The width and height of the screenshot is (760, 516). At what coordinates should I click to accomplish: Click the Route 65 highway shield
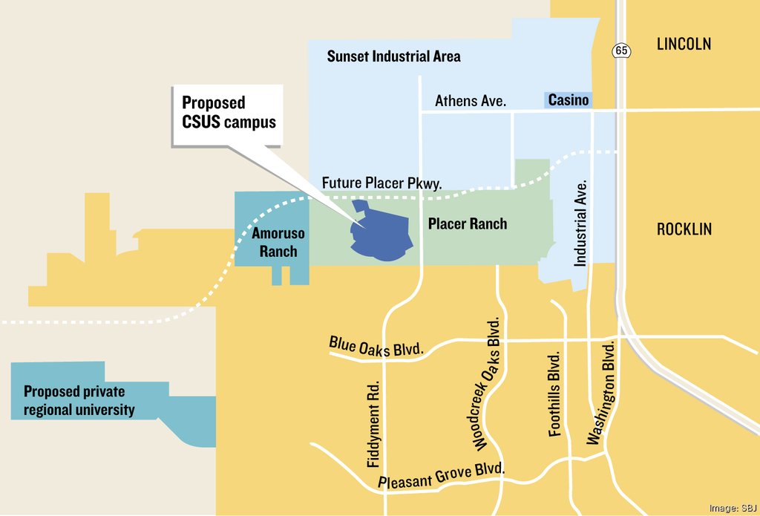click(620, 50)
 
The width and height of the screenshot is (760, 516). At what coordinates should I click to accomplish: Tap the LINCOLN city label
click(684, 44)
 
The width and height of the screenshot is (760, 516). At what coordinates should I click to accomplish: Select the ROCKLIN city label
click(684, 229)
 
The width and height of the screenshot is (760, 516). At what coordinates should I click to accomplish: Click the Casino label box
click(569, 100)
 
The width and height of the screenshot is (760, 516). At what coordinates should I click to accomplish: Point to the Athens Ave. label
click(471, 100)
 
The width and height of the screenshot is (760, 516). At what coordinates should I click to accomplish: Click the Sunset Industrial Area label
click(393, 56)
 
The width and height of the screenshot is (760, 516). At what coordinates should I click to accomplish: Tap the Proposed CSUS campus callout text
click(229, 112)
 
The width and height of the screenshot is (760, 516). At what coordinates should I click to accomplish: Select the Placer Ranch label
click(468, 223)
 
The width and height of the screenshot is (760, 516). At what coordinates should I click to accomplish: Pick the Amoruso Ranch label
click(278, 243)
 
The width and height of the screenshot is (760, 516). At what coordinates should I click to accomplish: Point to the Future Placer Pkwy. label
click(381, 183)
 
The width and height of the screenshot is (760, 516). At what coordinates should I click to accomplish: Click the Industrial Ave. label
click(581, 223)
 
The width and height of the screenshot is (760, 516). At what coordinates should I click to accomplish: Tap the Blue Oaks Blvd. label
click(377, 347)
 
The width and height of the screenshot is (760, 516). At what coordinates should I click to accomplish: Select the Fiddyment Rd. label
click(373, 425)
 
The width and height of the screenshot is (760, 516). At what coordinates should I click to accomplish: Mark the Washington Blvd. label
click(602, 393)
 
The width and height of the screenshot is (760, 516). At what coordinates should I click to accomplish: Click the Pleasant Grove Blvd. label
click(442, 477)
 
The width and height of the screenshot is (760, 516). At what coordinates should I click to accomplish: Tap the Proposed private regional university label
click(79, 400)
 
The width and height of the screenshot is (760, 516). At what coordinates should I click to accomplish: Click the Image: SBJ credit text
click(732, 508)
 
